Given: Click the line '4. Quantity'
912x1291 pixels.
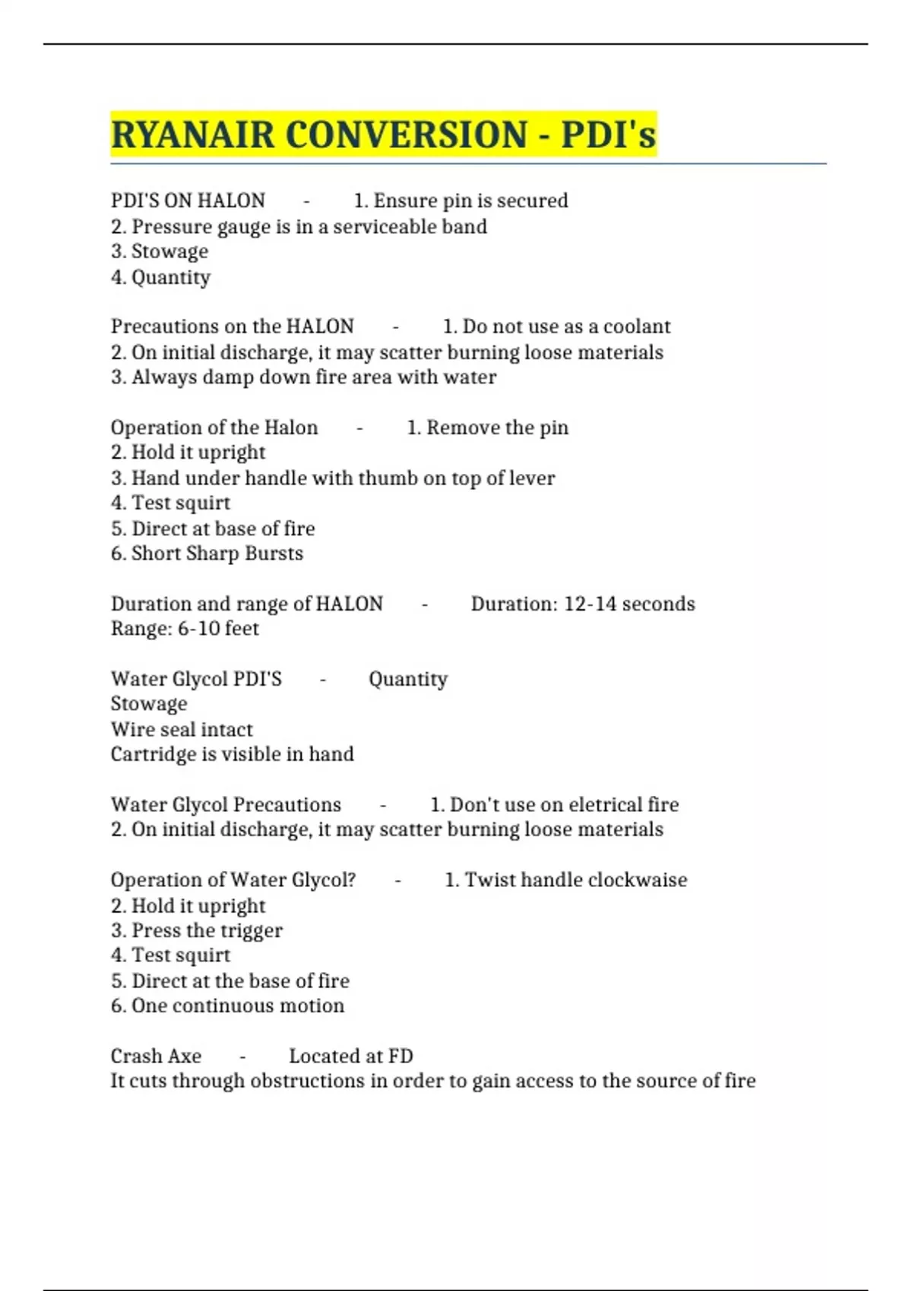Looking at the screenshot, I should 160,277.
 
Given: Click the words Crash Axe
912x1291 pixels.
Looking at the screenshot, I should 156,1056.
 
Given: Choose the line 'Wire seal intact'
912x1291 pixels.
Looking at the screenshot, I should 182,729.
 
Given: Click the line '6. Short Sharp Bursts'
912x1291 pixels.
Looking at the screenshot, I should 207,553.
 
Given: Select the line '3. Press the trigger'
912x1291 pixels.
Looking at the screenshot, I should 196,930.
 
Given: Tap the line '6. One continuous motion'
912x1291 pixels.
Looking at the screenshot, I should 227,1005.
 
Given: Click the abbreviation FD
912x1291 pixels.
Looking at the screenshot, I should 401,1056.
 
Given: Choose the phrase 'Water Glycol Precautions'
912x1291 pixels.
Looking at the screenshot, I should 226,804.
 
